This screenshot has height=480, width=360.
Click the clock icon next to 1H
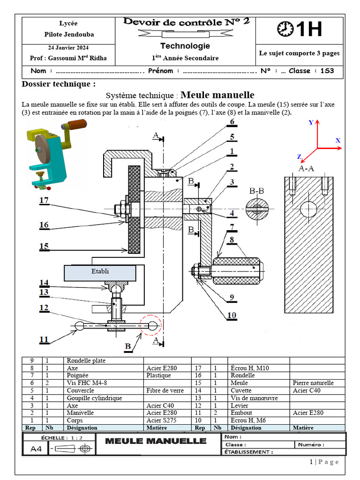(x=285, y=29)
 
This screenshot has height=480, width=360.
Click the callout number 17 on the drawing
(x=44, y=201)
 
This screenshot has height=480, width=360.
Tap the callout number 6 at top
(x=232, y=122)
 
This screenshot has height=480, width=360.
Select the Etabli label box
(x=100, y=273)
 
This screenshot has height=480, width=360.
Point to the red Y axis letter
(x=311, y=123)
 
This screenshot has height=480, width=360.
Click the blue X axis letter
(x=338, y=141)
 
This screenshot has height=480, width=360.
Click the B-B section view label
(x=256, y=191)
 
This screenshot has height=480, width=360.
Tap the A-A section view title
(x=306, y=168)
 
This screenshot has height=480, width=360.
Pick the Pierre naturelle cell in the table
(x=313, y=383)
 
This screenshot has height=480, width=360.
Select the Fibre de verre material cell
(x=165, y=390)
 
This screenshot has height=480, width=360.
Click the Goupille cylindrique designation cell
(x=94, y=398)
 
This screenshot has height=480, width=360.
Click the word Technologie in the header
(x=185, y=46)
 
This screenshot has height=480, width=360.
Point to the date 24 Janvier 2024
(x=68, y=48)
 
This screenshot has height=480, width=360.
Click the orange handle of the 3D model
(x=78, y=124)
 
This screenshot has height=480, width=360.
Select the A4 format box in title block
(x=36, y=449)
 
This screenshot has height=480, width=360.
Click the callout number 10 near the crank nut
(x=232, y=315)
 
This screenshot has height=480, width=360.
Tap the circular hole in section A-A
(x=308, y=210)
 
